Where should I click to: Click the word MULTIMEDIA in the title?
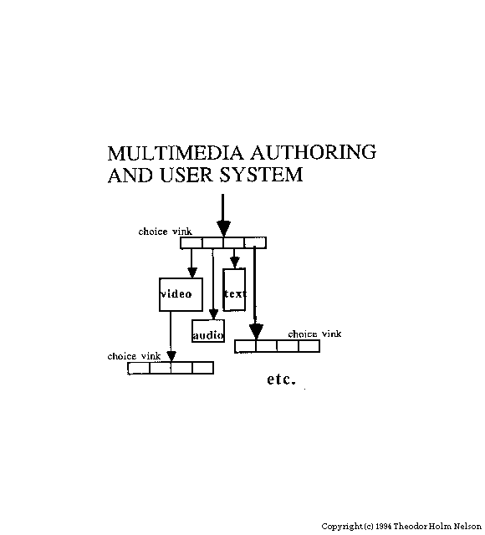tap(176, 152)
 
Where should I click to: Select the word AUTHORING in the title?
tap(313, 152)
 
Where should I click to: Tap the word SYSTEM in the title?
tap(261, 175)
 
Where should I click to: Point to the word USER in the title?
tap(186, 175)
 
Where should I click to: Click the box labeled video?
tap(181, 294)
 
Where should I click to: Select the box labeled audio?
tap(208, 331)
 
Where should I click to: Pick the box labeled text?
tap(234, 289)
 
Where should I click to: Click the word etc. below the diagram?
tap(281, 380)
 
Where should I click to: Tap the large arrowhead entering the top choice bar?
tap(223, 228)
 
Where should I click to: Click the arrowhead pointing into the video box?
tap(192, 273)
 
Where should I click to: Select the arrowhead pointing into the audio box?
tap(213, 314)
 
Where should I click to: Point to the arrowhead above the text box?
tap(234, 262)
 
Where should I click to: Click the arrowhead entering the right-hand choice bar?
tap(256, 332)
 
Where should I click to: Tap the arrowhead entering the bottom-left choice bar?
tap(171, 356)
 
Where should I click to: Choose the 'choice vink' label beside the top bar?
tap(166, 232)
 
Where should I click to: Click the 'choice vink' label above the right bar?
tap(314, 334)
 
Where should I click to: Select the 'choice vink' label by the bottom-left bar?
tap(134, 356)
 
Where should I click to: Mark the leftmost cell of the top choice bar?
tap(191, 243)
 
